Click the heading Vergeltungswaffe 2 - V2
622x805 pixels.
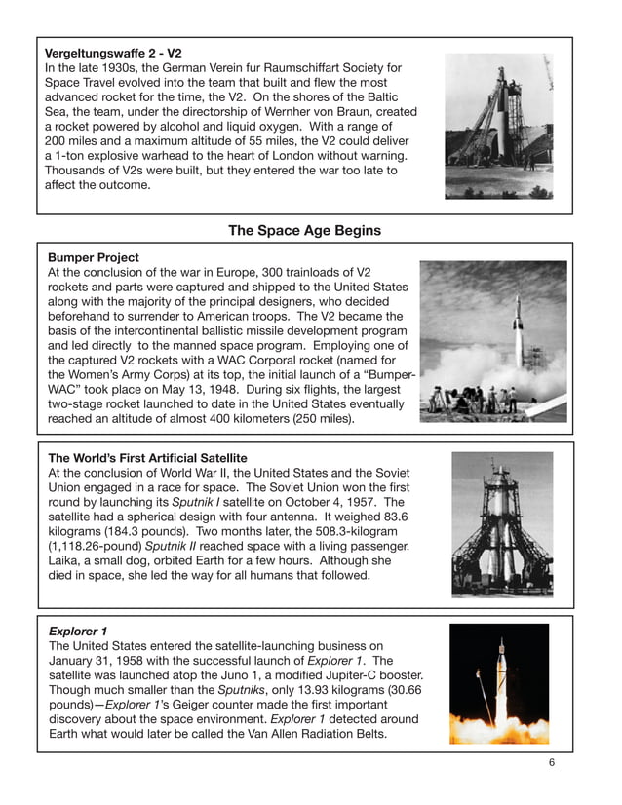[114, 53]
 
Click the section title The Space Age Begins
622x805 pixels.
[304, 231]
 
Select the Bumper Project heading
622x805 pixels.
[94, 257]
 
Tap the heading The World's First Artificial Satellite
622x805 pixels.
[147, 458]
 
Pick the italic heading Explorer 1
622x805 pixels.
[79, 631]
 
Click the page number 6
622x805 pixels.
[552, 762]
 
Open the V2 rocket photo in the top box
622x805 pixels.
[498, 126]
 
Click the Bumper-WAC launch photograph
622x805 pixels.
[492, 340]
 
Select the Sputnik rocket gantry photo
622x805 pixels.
[501, 524]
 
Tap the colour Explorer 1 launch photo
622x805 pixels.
[498, 684]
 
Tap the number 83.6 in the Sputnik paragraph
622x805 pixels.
[393, 517]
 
